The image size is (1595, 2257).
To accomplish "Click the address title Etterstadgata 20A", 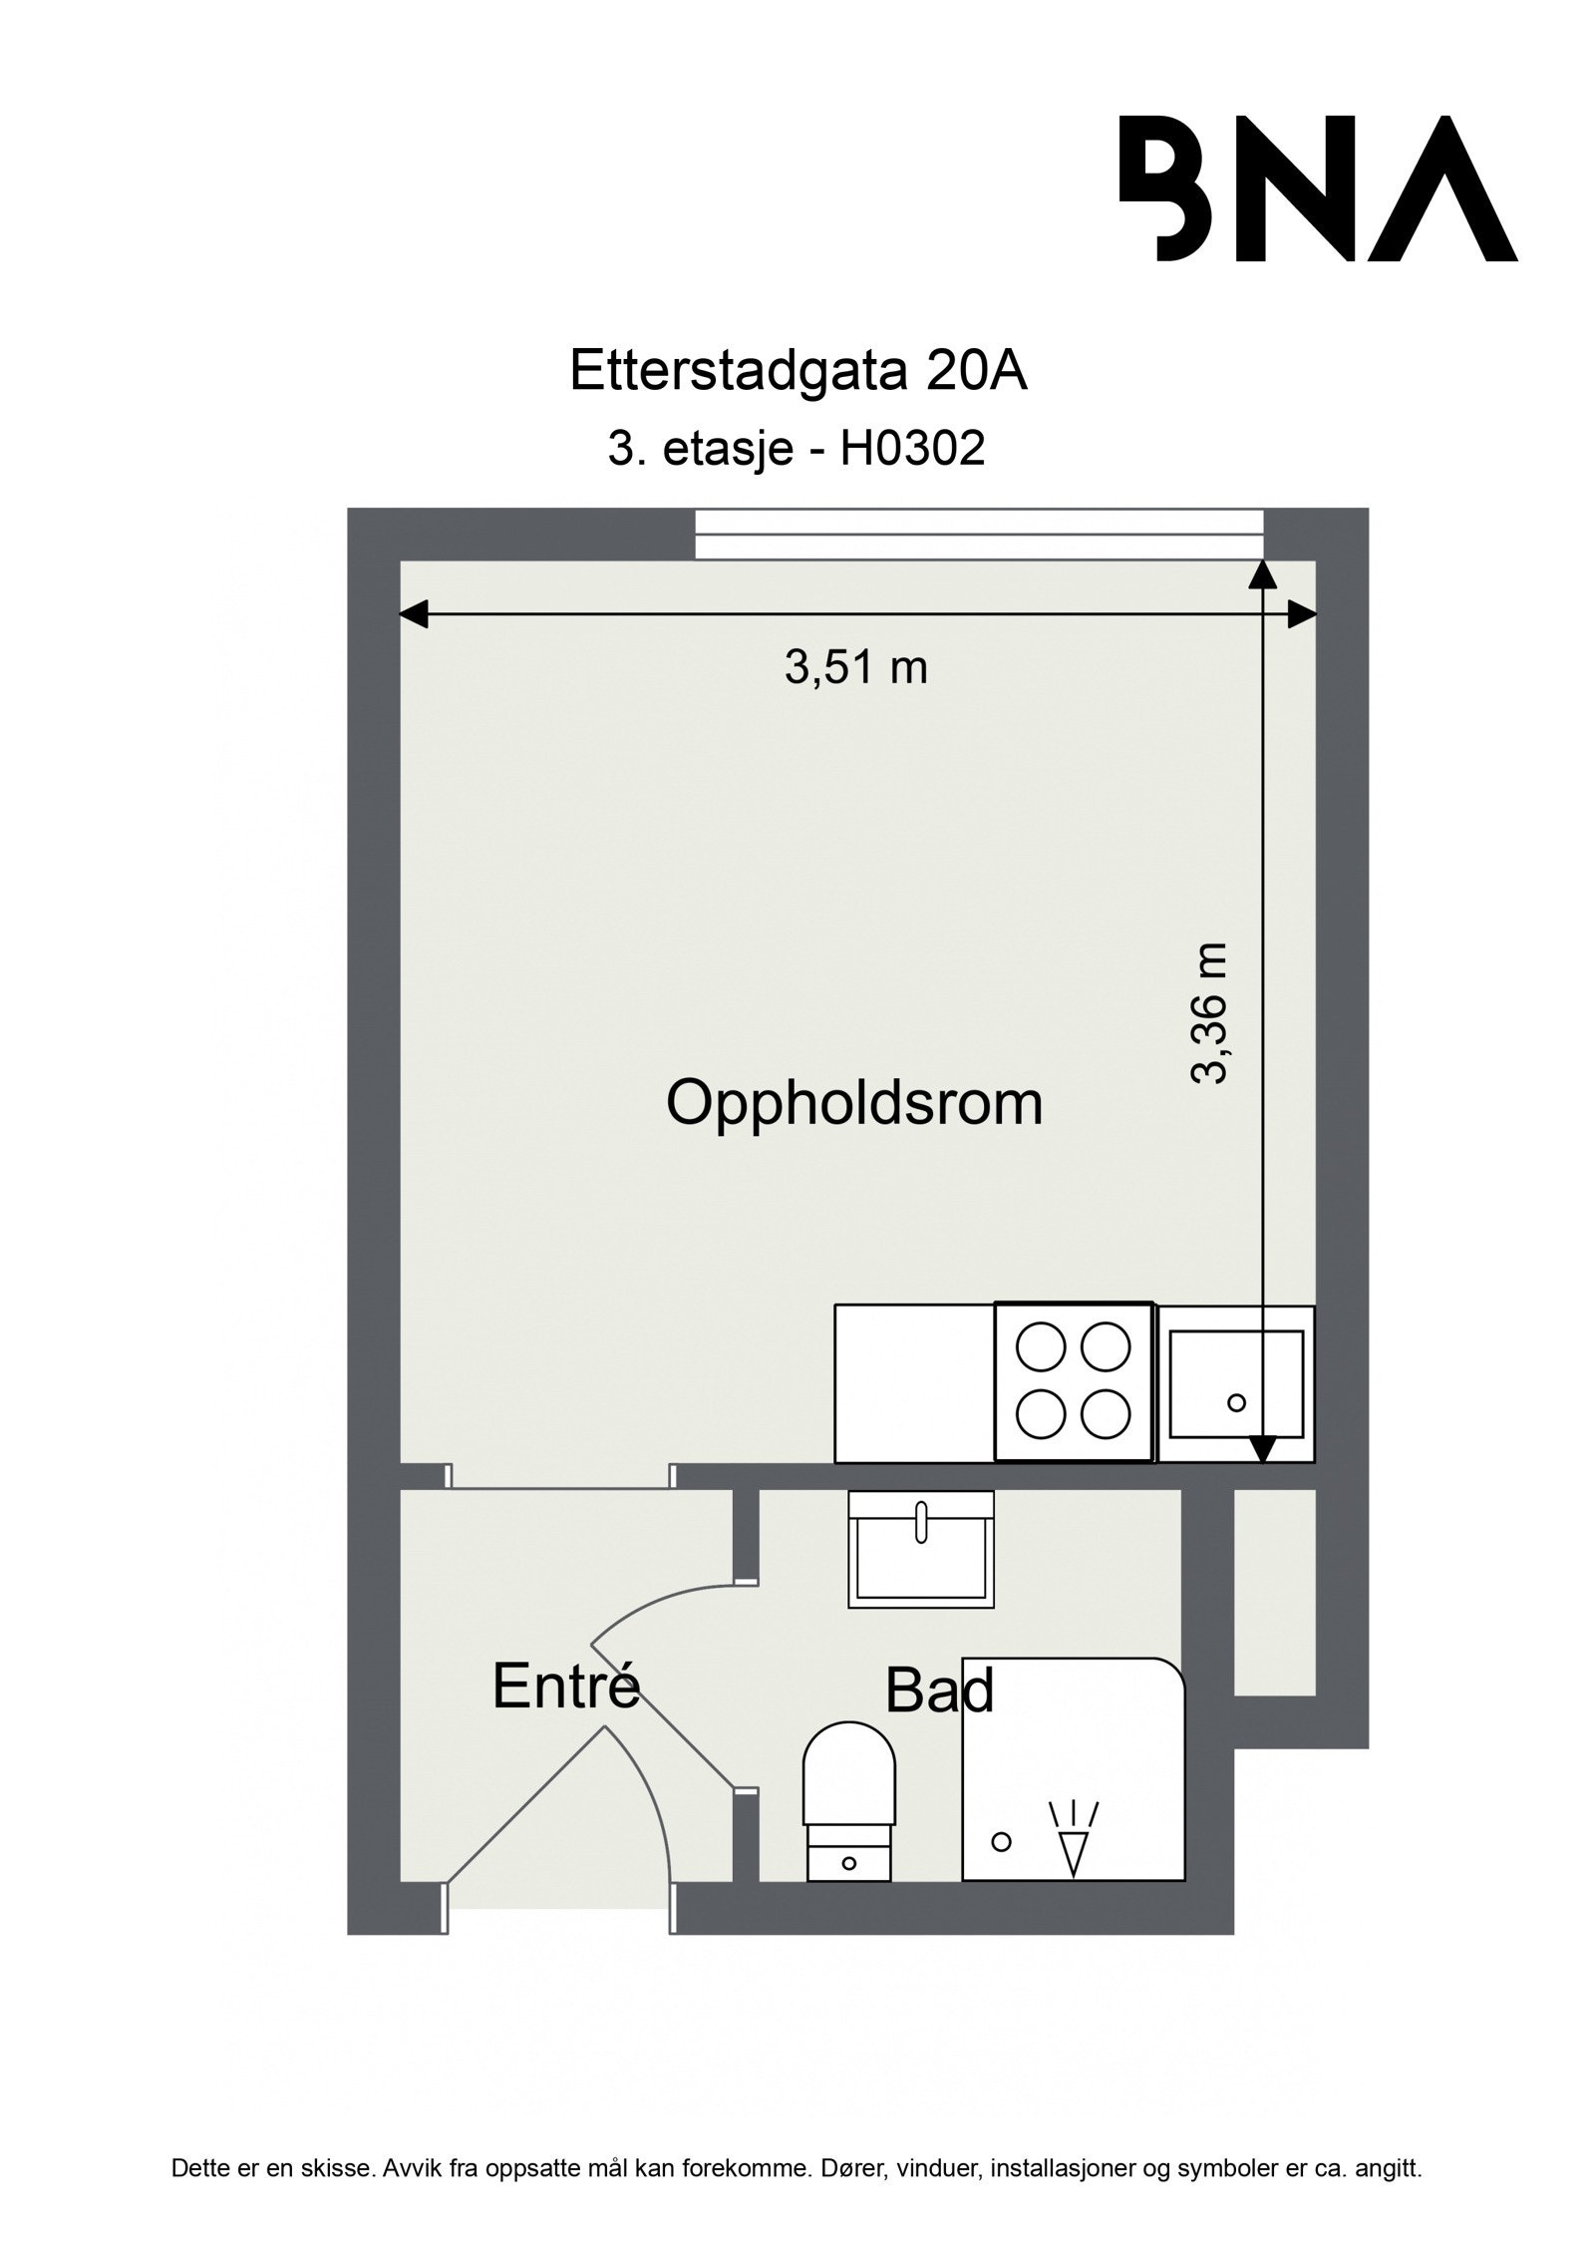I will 797,372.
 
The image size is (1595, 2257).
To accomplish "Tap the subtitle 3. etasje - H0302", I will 796,449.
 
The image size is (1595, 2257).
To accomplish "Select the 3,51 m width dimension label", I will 855,667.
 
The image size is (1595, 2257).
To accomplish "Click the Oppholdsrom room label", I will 853,1104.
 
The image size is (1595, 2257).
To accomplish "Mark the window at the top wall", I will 978,535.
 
